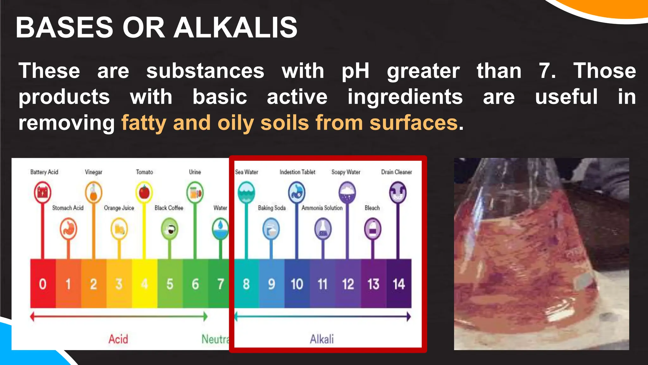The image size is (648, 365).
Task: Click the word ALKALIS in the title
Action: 235,28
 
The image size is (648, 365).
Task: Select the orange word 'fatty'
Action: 144,123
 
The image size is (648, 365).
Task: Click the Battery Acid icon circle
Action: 42,192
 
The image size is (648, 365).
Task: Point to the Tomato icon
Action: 144,192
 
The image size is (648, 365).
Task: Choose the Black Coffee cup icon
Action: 170,229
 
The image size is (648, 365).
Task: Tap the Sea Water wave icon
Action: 246,192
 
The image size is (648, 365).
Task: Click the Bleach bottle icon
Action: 372,229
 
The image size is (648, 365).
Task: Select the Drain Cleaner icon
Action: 398,192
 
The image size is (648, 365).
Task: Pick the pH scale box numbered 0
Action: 43,284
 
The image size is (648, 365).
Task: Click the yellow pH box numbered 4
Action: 145,284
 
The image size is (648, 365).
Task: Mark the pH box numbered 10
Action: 297,284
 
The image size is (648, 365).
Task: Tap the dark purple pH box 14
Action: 399,284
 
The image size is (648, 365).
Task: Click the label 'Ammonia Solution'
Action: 322,208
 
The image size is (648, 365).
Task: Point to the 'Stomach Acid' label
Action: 68,208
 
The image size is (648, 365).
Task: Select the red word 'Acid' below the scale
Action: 118,339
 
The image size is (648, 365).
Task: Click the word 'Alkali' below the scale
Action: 321,339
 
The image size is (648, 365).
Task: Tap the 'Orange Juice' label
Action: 119,208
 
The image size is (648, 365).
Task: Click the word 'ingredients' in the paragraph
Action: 405,97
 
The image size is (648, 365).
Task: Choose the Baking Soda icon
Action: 271,229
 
